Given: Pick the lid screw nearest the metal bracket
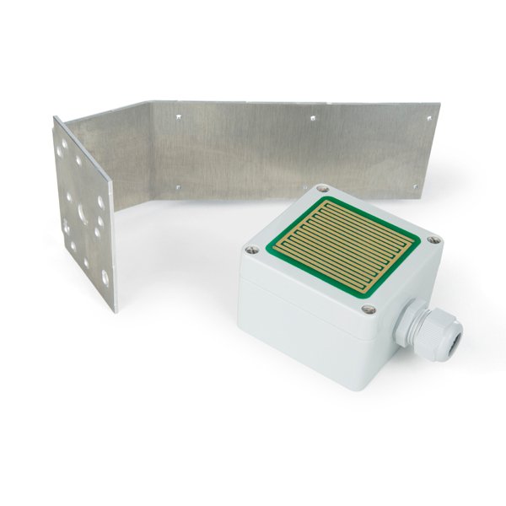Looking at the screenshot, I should pyautogui.click(x=321, y=191).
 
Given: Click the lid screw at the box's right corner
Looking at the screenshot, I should pyautogui.click(x=433, y=241).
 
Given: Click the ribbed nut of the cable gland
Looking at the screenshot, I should pyautogui.click(x=426, y=328).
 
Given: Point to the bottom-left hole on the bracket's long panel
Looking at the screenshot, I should pyautogui.click(x=178, y=184).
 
